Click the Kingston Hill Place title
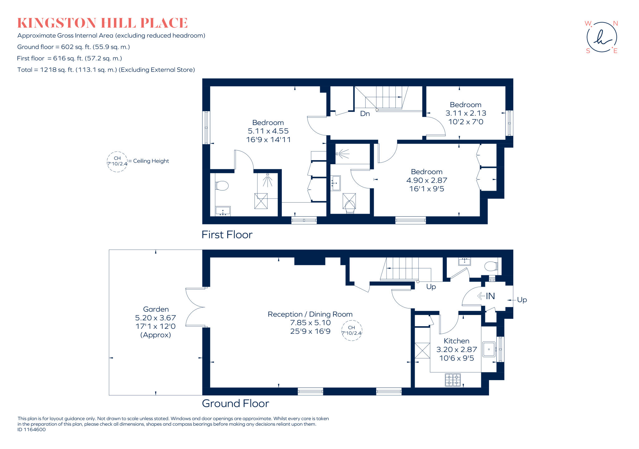pyautogui.click(x=102, y=23)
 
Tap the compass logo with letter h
pyautogui.click(x=601, y=37)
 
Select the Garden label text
pyautogui.click(x=156, y=309)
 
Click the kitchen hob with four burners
pyautogui.click(x=452, y=380)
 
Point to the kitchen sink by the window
pyautogui.click(x=489, y=349)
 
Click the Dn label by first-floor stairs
pyautogui.click(x=365, y=114)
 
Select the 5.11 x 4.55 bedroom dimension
pyautogui.click(x=268, y=131)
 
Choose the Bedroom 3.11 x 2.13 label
pyautogui.click(x=465, y=105)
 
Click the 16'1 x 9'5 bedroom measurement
pyautogui.click(x=427, y=189)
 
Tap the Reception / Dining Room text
pyautogui.click(x=310, y=314)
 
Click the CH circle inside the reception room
pyautogui.click(x=352, y=330)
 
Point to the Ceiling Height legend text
pyautogui.click(x=151, y=161)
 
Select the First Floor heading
pyautogui.click(x=227, y=235)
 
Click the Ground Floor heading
pyautogui.click(x=235, y=404)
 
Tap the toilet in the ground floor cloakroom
pyautogui.click(x=491, y=266)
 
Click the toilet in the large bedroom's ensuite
pyautogui.click(x=222, y=186)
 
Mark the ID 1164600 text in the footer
pyautogui.click(x=32, y=430)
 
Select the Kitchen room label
pyautogui.click(x=456, y=341)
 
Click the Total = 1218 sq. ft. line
pyautogui.click(x=106, y=70)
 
